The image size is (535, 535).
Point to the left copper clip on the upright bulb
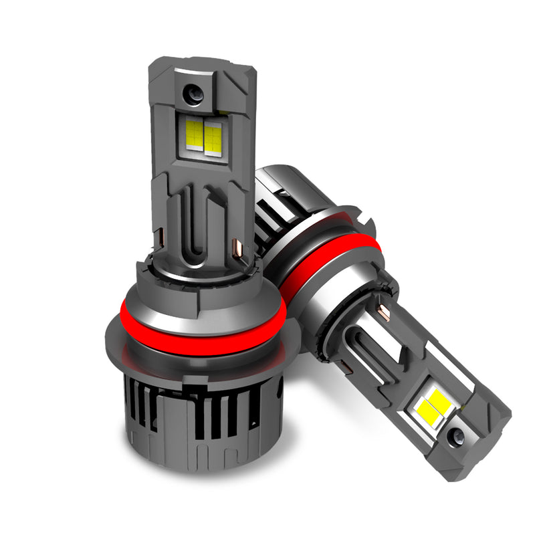[163, 235]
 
